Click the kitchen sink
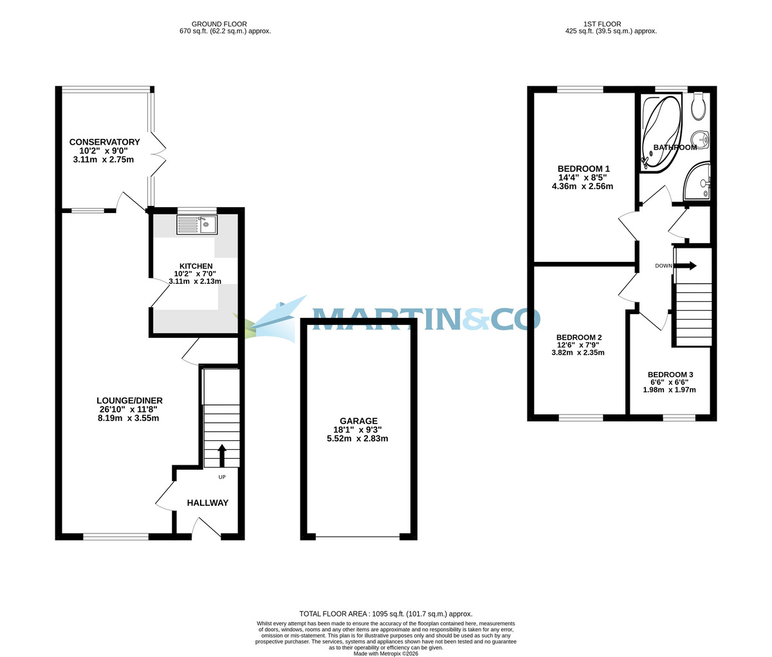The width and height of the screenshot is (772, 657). [x=197, y=225]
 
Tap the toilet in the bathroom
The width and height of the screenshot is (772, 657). [x=699, y=107]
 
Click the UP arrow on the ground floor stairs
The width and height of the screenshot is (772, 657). [x=222, y=455]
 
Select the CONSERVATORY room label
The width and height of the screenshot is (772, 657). [x=104, y=142]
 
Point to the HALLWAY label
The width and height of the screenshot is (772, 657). [x=207, y=503]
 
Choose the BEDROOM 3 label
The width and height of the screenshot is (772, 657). [x=670, y=375]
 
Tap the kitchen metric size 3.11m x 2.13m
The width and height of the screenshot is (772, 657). [x=194, y=281]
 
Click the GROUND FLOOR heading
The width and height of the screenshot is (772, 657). [x=219, y=24]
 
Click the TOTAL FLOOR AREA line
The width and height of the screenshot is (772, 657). [x=385, y=614]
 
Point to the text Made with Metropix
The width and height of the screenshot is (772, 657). [x=385, y=653]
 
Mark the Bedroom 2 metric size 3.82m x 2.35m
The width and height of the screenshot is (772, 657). [x=578, y=352]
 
